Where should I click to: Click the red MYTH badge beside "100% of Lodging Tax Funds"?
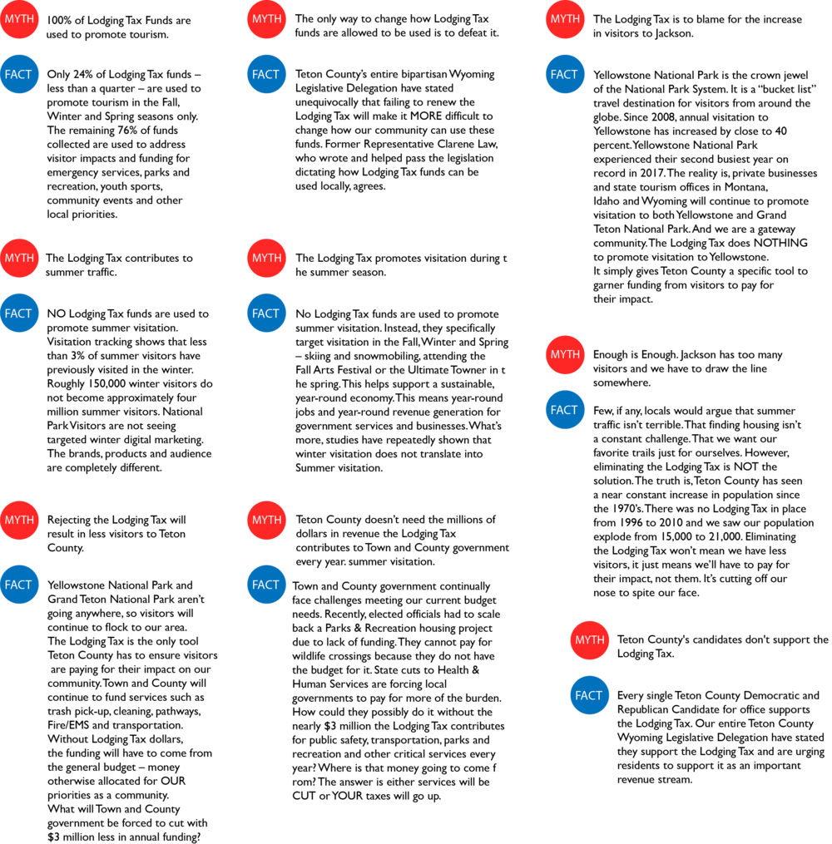(19, 19)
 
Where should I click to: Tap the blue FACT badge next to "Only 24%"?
(19, 74)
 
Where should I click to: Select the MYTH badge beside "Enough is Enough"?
(565, 355)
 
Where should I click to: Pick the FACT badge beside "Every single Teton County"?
(589, 695)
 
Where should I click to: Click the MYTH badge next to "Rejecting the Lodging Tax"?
(19, 520)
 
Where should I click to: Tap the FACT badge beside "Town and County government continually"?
(266, 585)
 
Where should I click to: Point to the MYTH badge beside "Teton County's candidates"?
(589, 640)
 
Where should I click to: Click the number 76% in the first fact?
(128, 131)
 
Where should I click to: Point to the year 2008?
(662, 117)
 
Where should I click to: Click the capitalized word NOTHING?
(780, 243)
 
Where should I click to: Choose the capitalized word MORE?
(426, 116)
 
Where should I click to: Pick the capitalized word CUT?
(305, 796)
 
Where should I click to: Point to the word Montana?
(745, 187)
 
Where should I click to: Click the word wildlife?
(311, 655)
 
